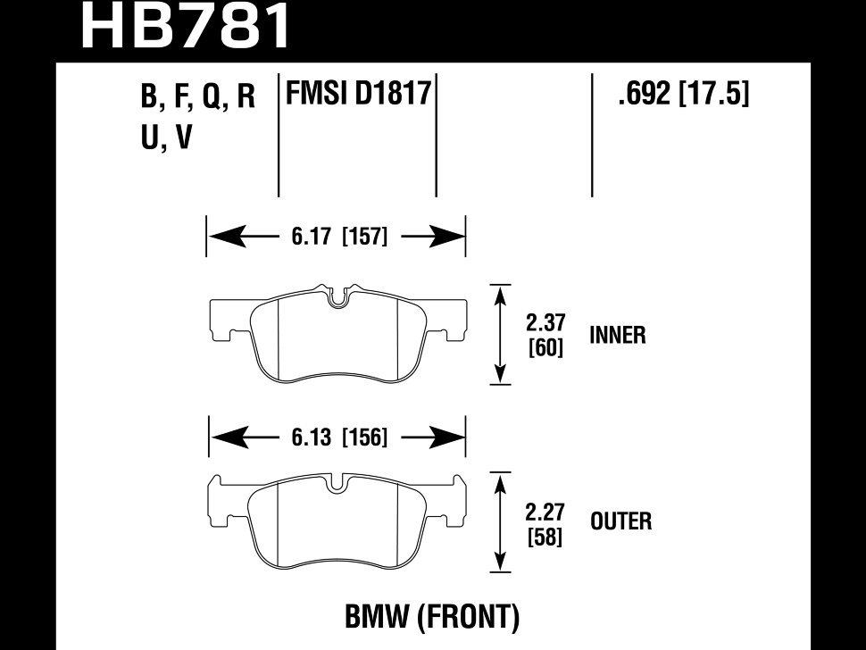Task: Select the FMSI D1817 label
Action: click(x=358, y=93)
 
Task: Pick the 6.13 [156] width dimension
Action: click(x=337, y=437)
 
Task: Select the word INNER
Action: click(x=617, y=336)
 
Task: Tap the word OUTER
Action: click(x=620, y=521)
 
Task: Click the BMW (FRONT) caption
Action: click(x=431, y=616)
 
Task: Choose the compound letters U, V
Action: click(x=166, y=138)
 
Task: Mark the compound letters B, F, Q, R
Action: click(x=198, y=96)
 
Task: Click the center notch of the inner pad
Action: click(x=337, y=298)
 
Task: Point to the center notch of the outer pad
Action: click(x=337, y=485)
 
